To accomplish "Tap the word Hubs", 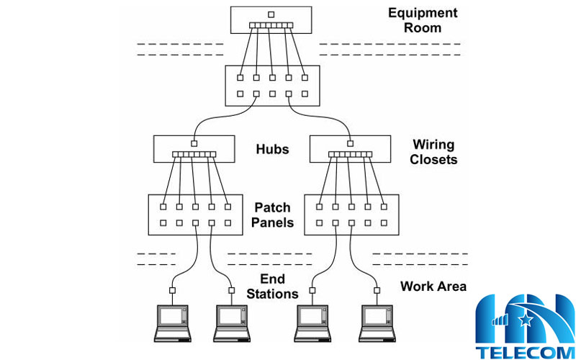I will coord(272,150).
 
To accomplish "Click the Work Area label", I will coord(433,287).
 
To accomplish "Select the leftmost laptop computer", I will coord(173,322).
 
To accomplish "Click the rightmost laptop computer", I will coord(377,322).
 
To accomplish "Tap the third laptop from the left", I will coord(313,322).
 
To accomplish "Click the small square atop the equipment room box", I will coord(271,14).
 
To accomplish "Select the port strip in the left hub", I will coord(194,154).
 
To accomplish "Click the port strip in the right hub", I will coord(351,154).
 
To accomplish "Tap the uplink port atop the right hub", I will coord(351,142).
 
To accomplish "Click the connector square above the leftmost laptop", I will coord(173,291).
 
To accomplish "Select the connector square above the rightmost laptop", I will coord(377,291).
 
